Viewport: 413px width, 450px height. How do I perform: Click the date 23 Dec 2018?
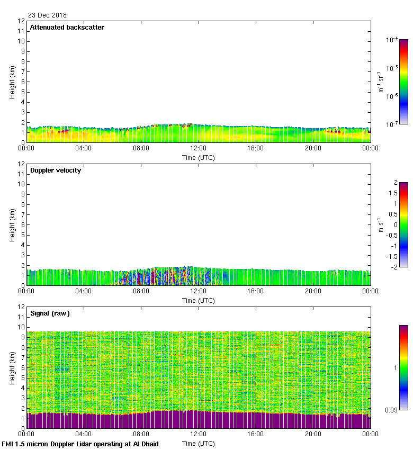(x=47, y=15)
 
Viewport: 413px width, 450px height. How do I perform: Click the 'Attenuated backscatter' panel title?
(x=67, y=28)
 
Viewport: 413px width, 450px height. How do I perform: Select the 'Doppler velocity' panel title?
(x=55, y=170)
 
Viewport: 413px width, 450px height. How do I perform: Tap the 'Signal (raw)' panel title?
(x=50, y=313)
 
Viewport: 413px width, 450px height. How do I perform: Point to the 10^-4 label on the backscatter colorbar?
(x=392, y=40)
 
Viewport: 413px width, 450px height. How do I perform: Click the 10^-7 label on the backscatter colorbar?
(x=392, y=124)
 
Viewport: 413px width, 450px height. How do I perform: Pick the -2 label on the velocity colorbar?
(x=394, y=267)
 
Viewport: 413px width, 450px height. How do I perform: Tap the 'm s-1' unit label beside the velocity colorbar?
(x=381, y=224)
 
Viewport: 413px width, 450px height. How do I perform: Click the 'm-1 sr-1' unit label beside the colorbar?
(x=381, y=82)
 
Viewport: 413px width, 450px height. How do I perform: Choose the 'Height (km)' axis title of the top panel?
(x=12, y=82)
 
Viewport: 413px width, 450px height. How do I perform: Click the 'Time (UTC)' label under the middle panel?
(x=199, y=300)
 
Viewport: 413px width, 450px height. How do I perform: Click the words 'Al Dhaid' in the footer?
(x=146, y=444)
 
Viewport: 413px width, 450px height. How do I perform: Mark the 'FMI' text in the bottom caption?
(x=8, y=444)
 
